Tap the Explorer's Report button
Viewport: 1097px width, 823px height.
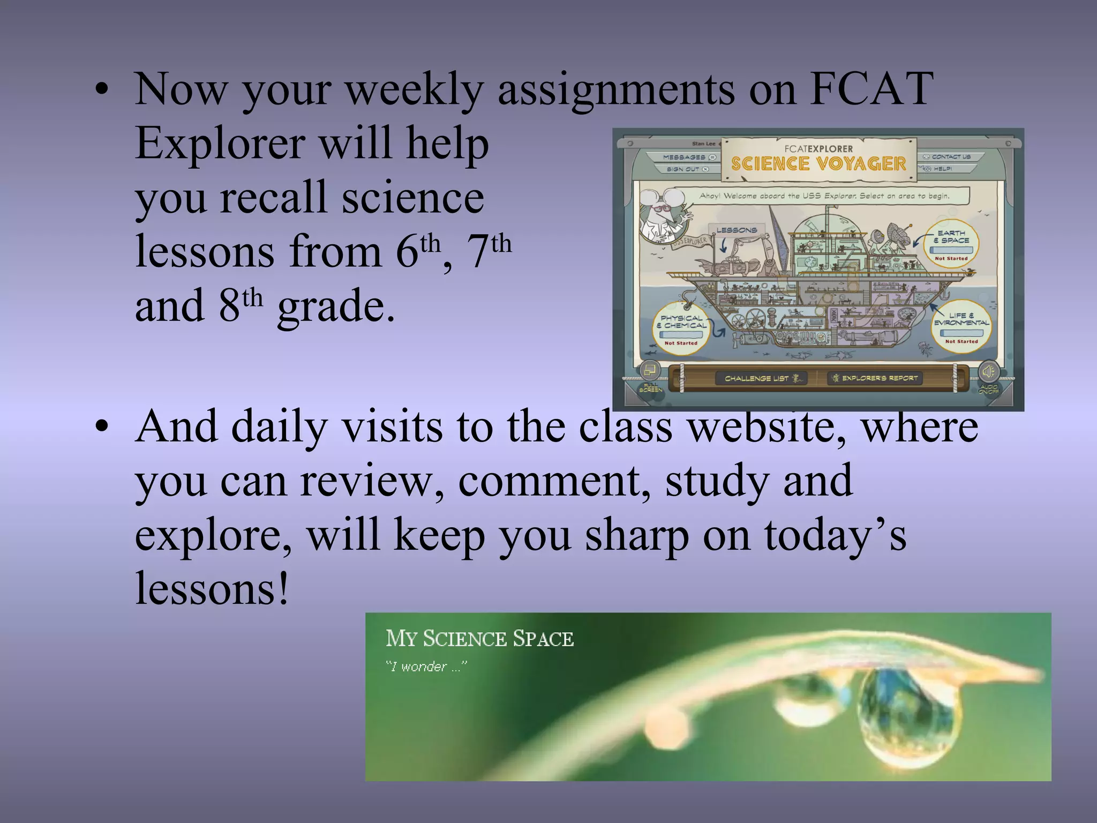coord(875,378)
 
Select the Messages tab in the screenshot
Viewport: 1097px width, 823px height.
coord(688,157)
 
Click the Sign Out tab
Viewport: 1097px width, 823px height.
coord(687,169)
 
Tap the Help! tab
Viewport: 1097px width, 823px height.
coord(944,169)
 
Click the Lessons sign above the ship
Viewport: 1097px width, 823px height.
coord(737,230)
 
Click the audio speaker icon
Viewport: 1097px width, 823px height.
coord(988,371)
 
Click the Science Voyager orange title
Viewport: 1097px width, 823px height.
coord(818,164)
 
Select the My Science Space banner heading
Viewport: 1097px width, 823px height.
coord(479,639)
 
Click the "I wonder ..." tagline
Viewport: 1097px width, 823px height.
coord(426,667)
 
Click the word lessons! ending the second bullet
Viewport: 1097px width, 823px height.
coord(212,588)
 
